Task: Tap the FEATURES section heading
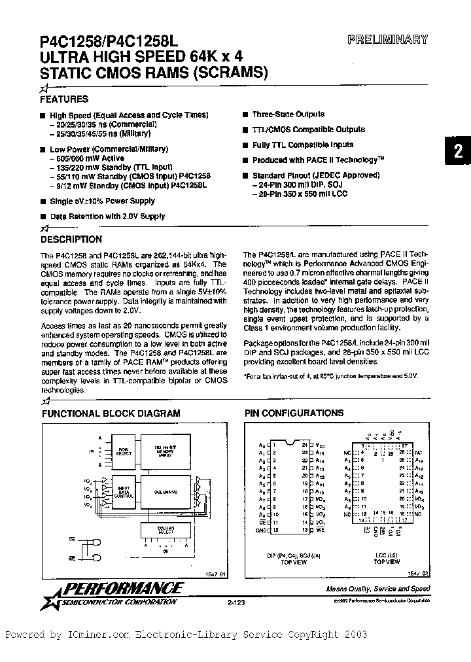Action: click(x=64, y=99)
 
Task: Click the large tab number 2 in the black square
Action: click(x=458, y=152)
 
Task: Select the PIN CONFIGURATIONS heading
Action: click(x=294, y=413)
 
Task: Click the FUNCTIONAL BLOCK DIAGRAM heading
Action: click(x=111, y=413)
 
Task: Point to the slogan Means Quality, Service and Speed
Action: click(x=378, y=589)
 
